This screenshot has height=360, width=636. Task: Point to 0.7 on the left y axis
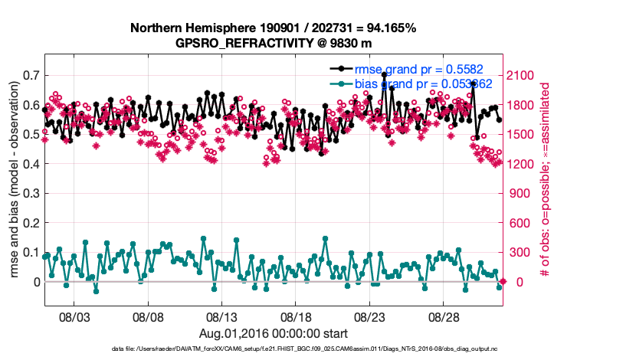click(x=32, y=75)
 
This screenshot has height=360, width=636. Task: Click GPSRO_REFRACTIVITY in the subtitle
click(x=231, y=44)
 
